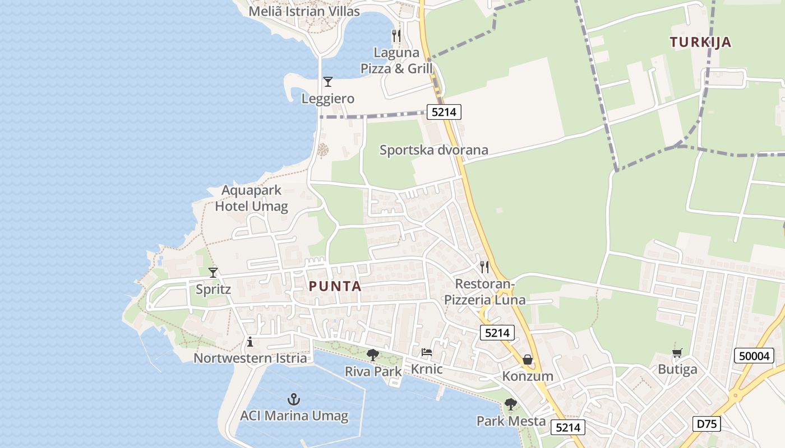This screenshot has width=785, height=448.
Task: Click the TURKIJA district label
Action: (700, 42)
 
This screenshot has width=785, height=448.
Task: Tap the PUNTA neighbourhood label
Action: (335, 286)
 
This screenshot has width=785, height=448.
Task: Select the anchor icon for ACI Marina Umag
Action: (294, 399)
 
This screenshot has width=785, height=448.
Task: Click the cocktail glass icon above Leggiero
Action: (328, 82)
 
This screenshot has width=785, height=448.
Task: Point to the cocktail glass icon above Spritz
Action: (213, 273)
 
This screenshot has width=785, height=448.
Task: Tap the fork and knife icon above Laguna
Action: (396, 36)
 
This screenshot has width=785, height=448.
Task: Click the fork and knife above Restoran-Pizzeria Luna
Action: (484, 267)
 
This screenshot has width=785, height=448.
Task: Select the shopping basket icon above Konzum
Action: (528, 360)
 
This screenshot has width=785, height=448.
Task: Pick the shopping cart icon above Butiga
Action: (677, 353)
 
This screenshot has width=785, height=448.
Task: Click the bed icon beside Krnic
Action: (427, 352)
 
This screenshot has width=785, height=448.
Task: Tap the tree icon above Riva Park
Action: (372, 354)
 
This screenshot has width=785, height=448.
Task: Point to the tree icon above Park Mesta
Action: (510, 404)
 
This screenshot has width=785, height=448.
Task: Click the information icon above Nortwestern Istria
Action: (250, 342)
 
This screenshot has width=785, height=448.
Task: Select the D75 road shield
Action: (706, 424)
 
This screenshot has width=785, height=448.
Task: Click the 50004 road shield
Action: (754, 356)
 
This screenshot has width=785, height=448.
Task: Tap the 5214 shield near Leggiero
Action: (444, 112)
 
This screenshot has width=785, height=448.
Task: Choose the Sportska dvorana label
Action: (433, 150)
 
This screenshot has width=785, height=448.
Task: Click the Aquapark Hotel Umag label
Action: (251, 198)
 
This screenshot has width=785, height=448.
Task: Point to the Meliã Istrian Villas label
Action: (304, 11)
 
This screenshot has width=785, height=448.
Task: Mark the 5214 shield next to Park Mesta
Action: (569, 427)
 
